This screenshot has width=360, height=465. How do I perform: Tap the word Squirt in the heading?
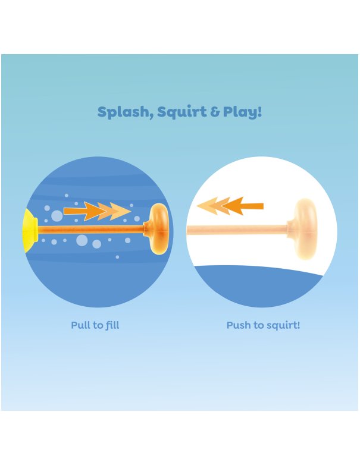point(181,113)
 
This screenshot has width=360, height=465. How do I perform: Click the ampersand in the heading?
point(215,112)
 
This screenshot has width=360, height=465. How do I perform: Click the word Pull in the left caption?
point(80,325)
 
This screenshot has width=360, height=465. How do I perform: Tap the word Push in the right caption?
point(239,325)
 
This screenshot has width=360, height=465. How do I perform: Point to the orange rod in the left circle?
point(91,230)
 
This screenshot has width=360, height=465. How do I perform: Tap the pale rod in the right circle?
point(237,230)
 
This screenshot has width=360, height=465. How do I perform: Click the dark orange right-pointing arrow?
point(84,211)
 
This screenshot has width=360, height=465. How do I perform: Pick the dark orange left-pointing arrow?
point(242,206)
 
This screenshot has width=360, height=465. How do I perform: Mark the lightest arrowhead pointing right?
point(120,212)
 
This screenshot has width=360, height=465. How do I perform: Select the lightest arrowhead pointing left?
point(207,206)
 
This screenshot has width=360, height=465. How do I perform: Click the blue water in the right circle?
point(258,285)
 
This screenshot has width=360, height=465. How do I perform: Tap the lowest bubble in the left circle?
point(117,257)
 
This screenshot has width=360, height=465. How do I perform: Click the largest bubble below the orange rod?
point(82,240)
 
